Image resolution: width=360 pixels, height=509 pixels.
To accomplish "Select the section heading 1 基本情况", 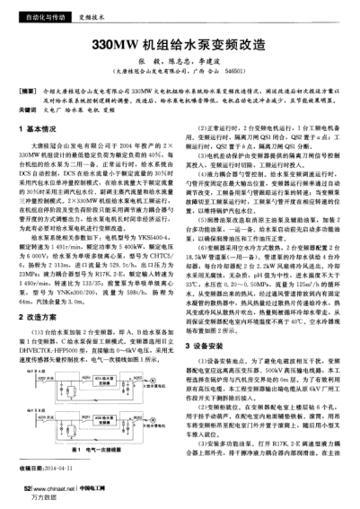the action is pyautogui.click(x=35, y=130).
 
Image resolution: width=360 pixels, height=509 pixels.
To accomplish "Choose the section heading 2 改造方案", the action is pyautogui.click(x=35, y=293).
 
